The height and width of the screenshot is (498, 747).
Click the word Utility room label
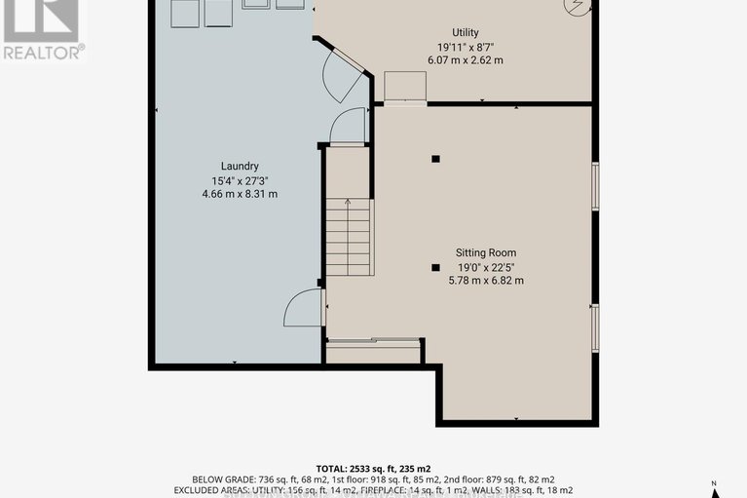tap(458, 32)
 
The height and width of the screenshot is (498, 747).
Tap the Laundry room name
tap(239, 166)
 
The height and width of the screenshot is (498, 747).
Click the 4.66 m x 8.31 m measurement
tap(239, 194)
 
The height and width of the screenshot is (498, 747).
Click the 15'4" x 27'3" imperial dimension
tap(239, 180)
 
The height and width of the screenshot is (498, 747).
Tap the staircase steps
tap(349, 238)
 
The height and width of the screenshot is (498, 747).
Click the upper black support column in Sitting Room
tap(436, 159)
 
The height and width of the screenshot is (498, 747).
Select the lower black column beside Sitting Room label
tap(436, 267)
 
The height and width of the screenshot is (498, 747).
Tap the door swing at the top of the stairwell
tap(347, 127)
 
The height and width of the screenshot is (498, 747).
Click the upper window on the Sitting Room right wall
tap(595, 186)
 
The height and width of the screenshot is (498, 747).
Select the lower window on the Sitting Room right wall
tap(595, 326)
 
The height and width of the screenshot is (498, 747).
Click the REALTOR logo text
tap(43, 53)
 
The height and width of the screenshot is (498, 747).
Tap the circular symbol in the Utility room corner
tap(579, 8)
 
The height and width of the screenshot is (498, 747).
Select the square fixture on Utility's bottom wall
tap(405, 87)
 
